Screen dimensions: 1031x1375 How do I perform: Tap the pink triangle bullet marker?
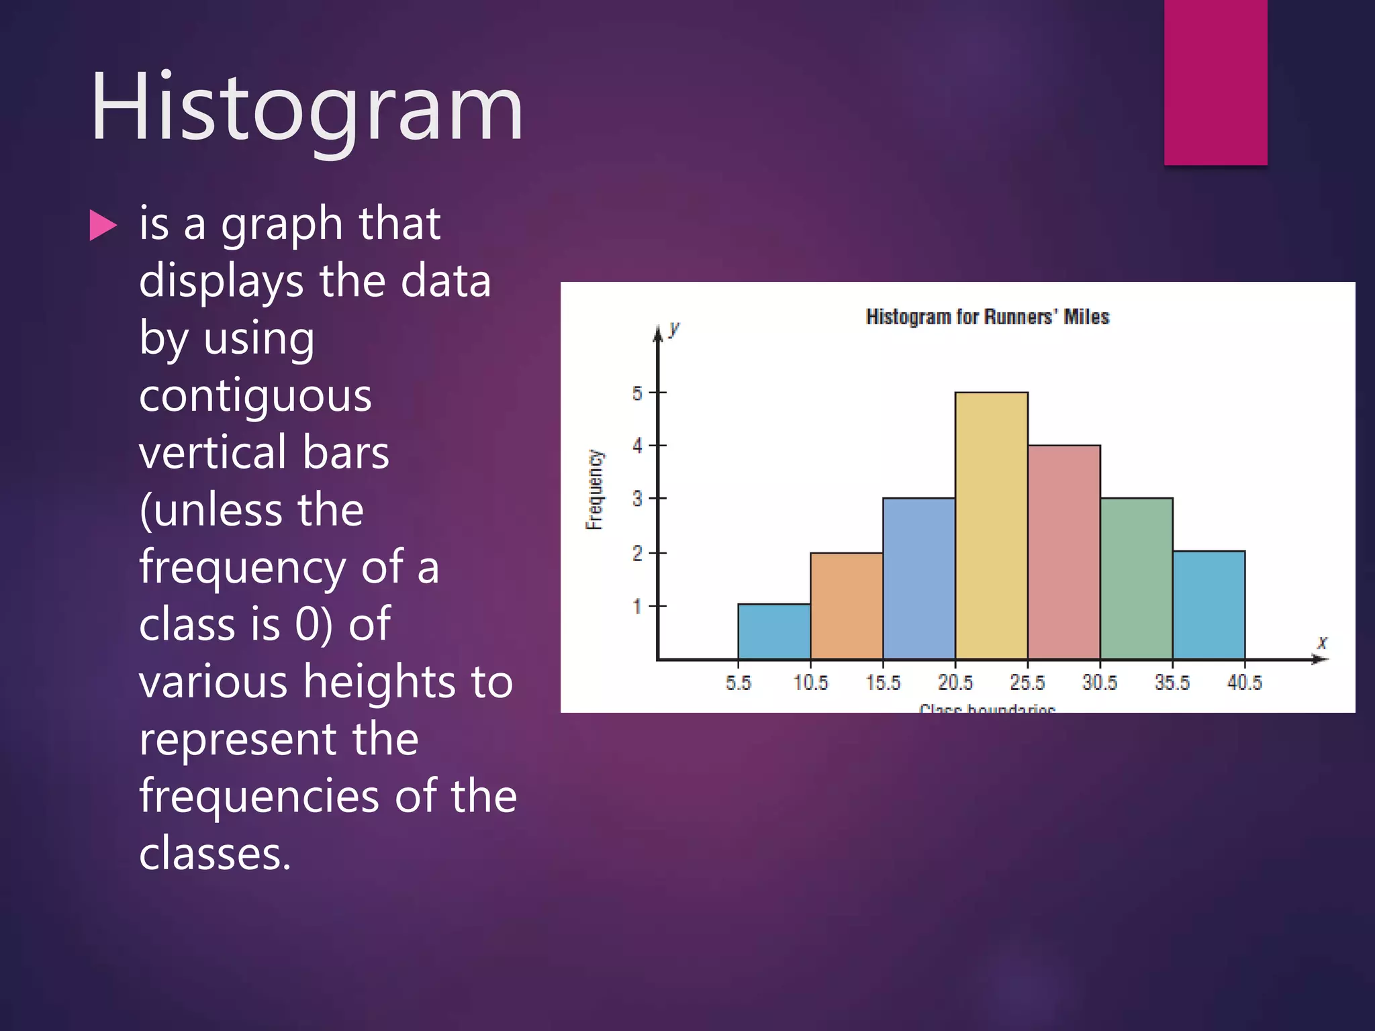(103, 226)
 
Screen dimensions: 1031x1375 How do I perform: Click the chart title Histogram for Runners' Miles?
(987, 317)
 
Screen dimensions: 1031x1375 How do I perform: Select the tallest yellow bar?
(991, 526)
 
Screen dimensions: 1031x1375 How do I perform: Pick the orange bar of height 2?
(846, 606)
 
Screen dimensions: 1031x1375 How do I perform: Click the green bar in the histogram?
(1136, 579)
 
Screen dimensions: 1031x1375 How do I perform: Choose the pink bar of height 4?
(1063, 552)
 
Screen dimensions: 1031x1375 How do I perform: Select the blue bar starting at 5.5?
(773, 632)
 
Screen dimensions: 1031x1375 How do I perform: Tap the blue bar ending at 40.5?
(1208, 605)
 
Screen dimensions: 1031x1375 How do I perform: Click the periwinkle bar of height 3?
(918, 579)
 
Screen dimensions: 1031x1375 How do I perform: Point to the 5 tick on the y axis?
(637, 393)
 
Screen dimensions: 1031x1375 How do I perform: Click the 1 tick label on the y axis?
(637, 607)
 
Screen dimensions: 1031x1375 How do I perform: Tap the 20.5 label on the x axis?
(955, 683)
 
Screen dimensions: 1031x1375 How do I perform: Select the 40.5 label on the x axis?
(1244, 683)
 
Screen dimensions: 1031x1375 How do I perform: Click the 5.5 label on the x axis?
(738, 683)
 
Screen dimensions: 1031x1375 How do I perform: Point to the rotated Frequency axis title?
(594, 490)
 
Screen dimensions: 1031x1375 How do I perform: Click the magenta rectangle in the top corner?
(1215, 82)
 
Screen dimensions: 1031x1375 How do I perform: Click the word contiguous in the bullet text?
(255, 395)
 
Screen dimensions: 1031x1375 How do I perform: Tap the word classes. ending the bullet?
(215, 853)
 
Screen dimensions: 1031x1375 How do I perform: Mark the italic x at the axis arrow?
(1321, 642)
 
